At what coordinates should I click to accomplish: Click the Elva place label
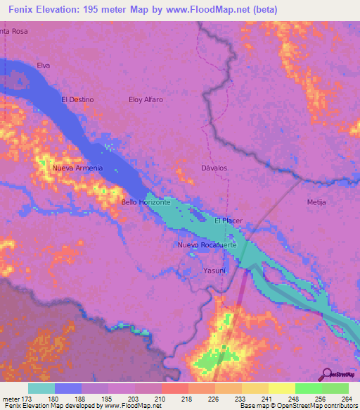pos(44,66)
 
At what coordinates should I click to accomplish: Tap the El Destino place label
pos(77,99)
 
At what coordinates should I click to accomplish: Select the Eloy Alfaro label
pos(146,99)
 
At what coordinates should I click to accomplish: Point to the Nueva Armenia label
pos(77,168)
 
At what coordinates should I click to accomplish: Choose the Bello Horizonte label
pos(146,202)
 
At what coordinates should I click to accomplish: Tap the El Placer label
pos(229,220)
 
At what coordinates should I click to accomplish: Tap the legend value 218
pos(187,399)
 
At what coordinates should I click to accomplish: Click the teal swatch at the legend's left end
pos(41,388)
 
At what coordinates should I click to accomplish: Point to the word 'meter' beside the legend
pos(11,399)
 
